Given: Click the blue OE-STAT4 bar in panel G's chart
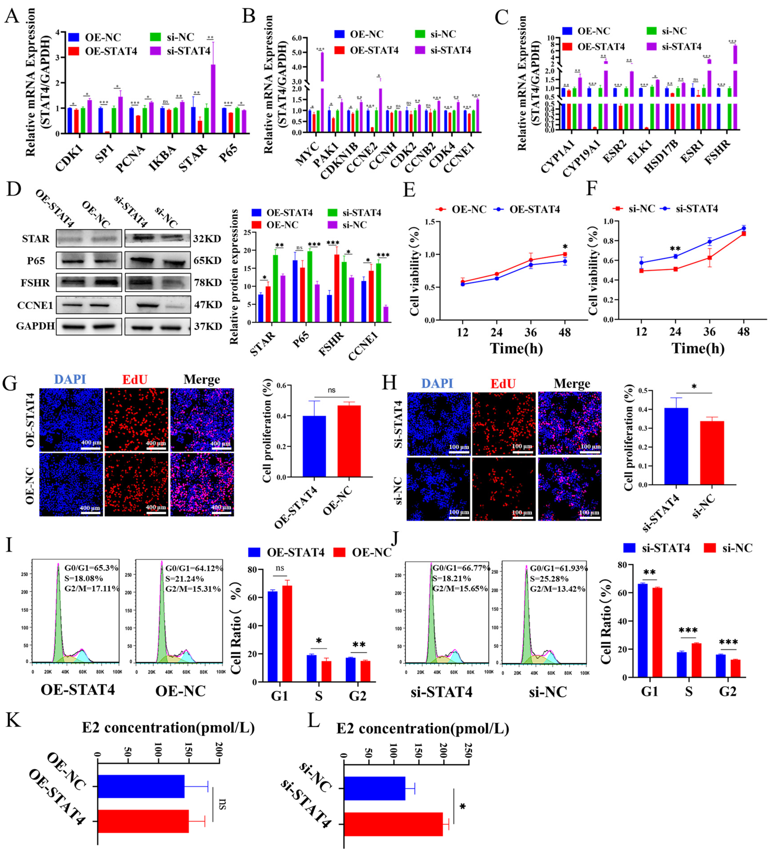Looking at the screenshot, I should [x=315, y=446].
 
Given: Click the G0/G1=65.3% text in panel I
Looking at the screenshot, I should [x=91, y=567].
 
